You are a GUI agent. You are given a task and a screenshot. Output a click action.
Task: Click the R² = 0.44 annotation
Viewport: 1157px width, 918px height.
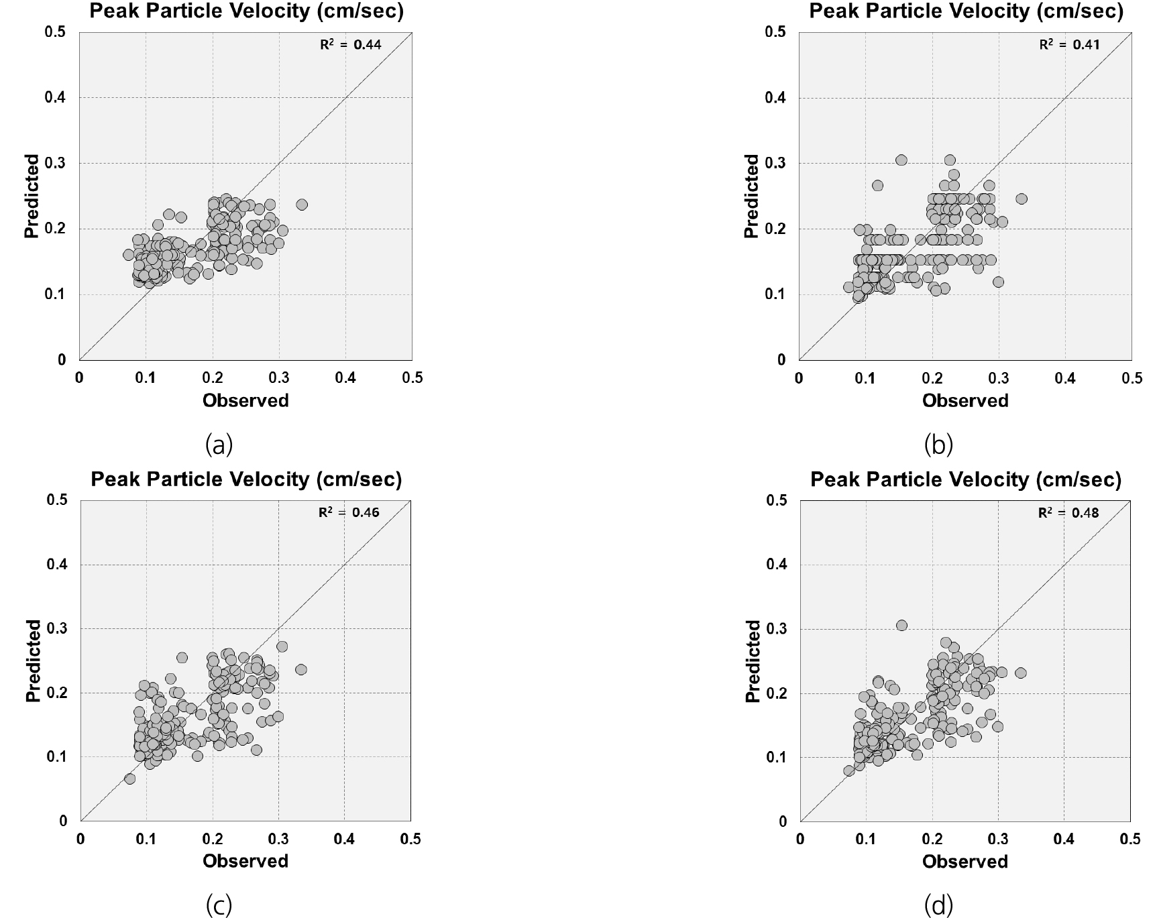click(x=349, y=46)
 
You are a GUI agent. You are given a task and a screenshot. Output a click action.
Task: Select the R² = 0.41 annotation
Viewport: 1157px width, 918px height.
click(x=1069, y=46)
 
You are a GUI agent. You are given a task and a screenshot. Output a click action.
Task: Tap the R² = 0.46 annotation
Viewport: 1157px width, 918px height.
click(x=348, y=513)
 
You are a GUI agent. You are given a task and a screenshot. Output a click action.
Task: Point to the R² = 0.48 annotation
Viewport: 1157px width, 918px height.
click(x=1068, y=513)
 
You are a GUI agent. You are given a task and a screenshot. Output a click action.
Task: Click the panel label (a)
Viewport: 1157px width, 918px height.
click(x=219, y=445)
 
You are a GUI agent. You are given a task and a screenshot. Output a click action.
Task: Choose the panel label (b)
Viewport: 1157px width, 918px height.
click(x=938, y=445)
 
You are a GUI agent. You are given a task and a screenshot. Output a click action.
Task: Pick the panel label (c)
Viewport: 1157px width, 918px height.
click(x=219, y=905)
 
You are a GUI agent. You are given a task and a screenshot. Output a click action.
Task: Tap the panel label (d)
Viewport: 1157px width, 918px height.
click(x=938, y=905)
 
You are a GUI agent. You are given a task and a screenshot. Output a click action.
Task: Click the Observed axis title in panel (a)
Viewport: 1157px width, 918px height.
click(x=245, y=400)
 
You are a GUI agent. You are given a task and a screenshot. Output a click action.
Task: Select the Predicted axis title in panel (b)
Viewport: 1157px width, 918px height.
click(x=753, y=196)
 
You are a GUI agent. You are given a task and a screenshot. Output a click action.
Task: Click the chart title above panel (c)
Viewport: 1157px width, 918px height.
click(x=245, y=479)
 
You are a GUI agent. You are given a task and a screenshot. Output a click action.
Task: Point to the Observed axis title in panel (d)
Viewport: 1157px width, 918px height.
click(x=965, y=862)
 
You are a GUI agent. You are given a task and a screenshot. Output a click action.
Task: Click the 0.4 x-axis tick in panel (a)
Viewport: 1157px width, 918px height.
click(x=345, y=378)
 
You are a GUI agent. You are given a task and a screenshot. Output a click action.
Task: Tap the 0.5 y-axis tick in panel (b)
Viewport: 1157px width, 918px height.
click(x=775, y=32)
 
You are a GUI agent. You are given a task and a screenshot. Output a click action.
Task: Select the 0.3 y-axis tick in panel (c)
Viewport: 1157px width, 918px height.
click(x=58, y=629)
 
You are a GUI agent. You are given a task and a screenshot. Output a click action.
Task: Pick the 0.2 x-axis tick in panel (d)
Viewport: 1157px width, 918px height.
click(x=932, y=840)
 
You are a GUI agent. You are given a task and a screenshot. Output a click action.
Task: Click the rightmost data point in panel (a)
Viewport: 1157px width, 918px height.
click(x=302, y=205)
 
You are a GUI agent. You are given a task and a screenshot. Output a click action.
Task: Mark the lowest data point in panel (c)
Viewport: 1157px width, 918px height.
click(x=130, y=779)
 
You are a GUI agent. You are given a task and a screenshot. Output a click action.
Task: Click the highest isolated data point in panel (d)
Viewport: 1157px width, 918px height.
click(x=901, y=625)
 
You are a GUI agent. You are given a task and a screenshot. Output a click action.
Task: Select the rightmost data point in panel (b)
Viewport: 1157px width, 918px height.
click(x=1022, y=198)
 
